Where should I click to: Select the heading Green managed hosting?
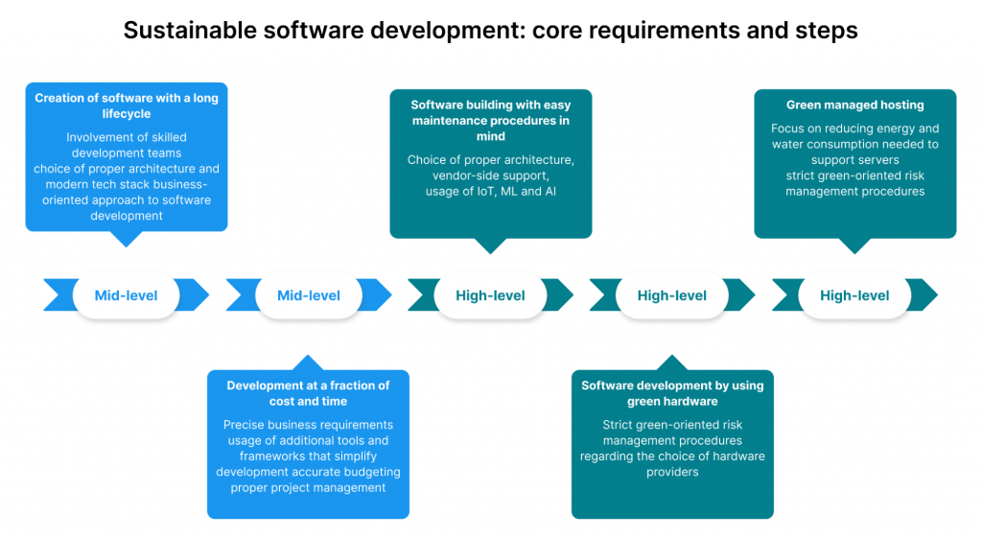(x=854, y=105)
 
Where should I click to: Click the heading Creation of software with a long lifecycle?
(x=127, y=105)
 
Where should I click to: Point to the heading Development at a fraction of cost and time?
(x=308, y=393)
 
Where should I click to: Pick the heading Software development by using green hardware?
(x=672, y=393)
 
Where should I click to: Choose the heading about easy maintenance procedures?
(x=490, y=120)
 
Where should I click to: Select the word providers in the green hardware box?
(x=672, y=472)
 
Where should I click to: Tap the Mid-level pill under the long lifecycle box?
(x=126, y=295)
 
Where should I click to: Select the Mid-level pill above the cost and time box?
(x=309, y=295)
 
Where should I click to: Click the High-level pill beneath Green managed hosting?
(x=854, y=295)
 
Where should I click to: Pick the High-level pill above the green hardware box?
(x=672, y=295)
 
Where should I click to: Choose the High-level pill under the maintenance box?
(x=490, y=295)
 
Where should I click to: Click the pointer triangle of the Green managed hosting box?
(x=854, y=246)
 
